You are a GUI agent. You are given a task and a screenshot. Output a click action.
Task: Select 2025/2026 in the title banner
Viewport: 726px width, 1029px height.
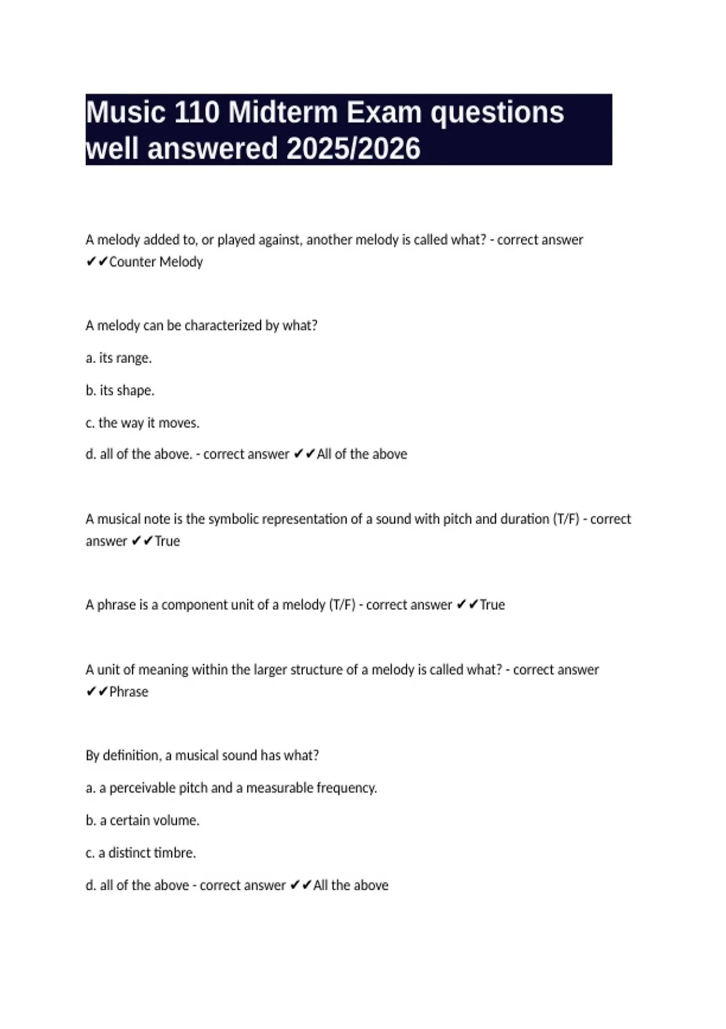[x=353, y=148]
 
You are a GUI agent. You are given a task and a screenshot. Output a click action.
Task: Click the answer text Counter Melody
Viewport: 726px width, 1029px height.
[x=155, y=262]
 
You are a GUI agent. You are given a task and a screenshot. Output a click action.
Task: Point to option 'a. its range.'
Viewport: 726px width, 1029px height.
[x=119, y=358]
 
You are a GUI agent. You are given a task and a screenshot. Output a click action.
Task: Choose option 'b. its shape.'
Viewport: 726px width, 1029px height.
[x=120, y=390]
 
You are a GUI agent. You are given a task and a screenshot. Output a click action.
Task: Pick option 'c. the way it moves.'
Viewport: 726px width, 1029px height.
[x=142, y=422]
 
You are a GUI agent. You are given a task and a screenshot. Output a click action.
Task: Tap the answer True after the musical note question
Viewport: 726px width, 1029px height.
[x=167, y=541]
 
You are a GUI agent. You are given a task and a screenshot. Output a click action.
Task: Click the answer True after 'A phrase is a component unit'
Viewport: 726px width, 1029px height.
[x=492, y=605]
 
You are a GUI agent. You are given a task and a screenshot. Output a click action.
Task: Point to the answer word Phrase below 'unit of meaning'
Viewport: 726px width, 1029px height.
[x=128, y=692]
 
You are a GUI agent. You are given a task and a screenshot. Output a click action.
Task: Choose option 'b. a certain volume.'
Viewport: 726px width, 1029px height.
[x=142, y=820]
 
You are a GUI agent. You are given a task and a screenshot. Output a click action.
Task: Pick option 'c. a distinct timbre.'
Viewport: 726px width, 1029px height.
[x=140, y=853]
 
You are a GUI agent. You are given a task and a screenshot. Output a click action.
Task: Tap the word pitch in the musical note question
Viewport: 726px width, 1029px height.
[x=457, y=519]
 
